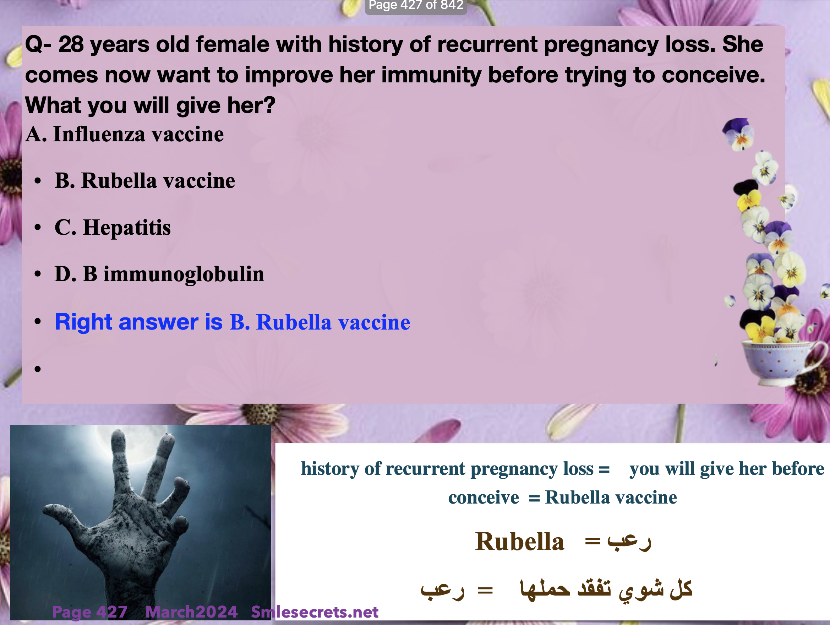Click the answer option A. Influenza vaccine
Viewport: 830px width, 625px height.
pyautogui.click(x=125, y=134)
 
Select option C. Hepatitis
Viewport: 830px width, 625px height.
pyautogui.click(x=113, y=227)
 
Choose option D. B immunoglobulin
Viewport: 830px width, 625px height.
pyautogui.click(x=159, y=274)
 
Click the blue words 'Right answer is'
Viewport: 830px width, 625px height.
pyautogui.click(x=139, y=322)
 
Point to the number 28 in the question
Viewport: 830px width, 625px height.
pyautogui.click(x=71, y=44)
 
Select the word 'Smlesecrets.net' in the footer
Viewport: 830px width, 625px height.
pyautogui.click(x=315, y=612)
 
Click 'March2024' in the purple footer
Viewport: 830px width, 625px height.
pyautogui.click(x=191, y=612)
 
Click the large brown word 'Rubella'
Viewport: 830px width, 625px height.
pyautogui.click(x=520, y=541)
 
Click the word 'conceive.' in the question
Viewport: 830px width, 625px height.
pyautogui.click(x=713, y=75)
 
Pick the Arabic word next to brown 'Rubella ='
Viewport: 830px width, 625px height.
pyautogui.click(x=629, y=542)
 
